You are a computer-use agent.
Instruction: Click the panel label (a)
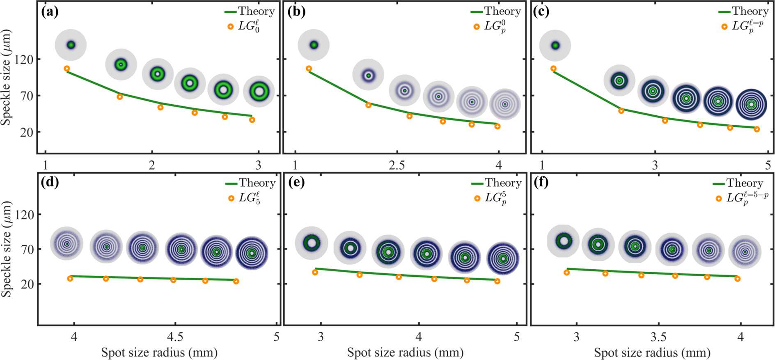[x=50, y=12]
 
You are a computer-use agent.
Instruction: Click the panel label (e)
[x=296, y=182]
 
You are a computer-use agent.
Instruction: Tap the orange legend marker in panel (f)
[x=718, y=198]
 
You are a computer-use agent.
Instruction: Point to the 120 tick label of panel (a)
[x=24, y=60]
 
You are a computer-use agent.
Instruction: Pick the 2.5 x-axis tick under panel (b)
[x=397, y=165]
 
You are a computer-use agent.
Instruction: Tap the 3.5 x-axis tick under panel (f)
[x=659, y=337]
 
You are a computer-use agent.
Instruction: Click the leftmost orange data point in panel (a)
[x=67, y=69]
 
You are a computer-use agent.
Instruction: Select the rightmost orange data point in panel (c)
[x=757, y=129]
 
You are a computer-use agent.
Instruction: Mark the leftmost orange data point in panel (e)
[x=315, y=272]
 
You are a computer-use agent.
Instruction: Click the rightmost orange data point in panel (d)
[x=236, y=281]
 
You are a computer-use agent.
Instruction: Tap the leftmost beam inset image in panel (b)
[x=314, y=45]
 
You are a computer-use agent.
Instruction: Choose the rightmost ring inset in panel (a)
[x=259, y=91]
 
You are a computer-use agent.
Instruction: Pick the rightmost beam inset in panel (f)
[x=745, y=252]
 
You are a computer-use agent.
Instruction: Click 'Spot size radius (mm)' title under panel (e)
[x=405, y=352]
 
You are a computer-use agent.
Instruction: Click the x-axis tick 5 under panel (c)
[x=768, y=165]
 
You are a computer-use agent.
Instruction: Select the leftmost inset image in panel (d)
[x=67, y=243]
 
